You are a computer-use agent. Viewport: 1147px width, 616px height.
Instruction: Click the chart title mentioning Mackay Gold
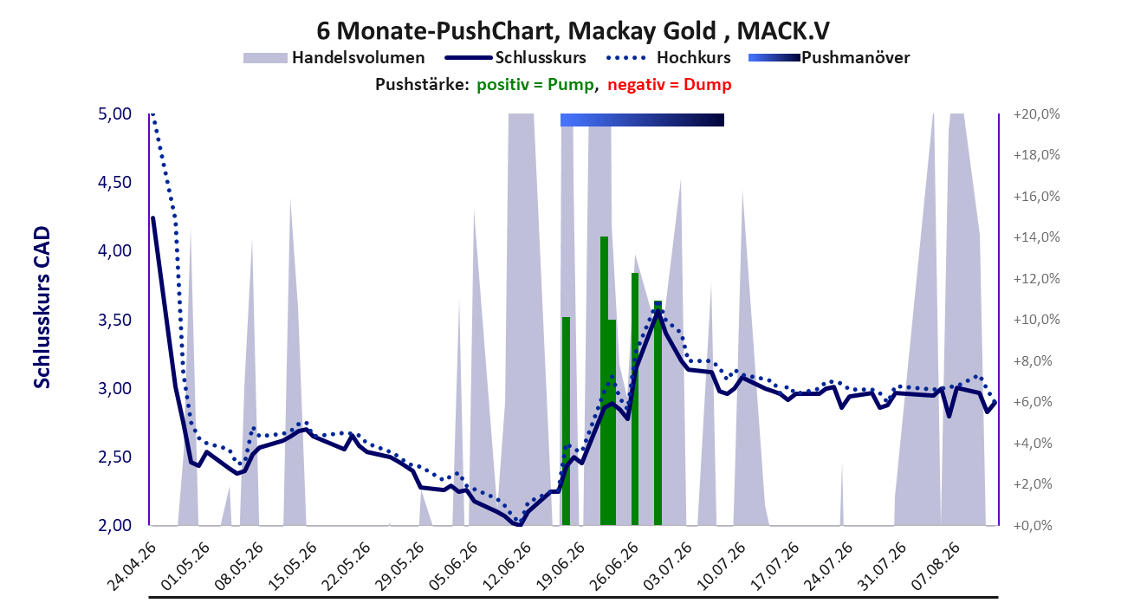(573, 30)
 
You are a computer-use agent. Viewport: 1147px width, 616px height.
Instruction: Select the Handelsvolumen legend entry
(334, 57)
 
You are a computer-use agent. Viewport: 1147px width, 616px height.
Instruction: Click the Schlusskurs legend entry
(515, 57)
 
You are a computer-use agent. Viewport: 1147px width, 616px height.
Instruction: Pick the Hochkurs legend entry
(668, 57)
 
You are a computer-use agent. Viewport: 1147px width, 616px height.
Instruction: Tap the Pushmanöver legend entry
(829, 57)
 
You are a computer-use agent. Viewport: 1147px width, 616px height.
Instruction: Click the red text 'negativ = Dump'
(670, 85)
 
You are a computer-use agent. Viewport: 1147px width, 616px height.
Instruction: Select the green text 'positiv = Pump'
(536, 85)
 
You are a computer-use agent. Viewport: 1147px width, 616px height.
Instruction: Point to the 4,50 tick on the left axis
(114, 182)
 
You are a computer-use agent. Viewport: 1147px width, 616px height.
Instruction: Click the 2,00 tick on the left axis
(114, 525)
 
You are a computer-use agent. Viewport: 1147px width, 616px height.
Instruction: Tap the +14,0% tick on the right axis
(1036, 237)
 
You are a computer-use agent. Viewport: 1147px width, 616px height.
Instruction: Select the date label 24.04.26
(132, 567)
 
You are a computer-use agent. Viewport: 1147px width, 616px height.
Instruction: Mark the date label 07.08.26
(936, 567)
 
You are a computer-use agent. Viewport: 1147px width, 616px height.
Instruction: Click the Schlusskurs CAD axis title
(42, 308)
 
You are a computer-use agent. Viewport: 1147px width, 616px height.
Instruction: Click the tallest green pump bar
(604, 380)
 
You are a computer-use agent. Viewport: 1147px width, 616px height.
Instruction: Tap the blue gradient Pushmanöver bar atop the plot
(642, 120)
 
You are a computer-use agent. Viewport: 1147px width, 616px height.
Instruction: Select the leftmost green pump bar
(566, 421)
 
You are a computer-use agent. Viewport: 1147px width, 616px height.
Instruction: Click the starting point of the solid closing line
(152, 218)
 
